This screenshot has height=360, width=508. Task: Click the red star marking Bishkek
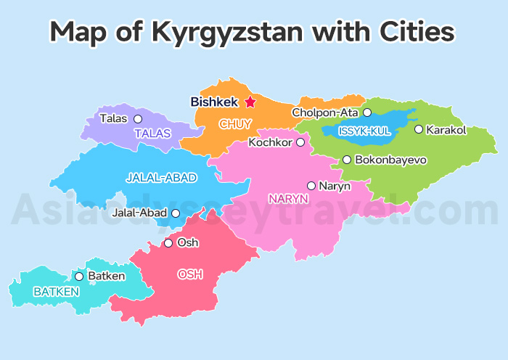pos(250,102)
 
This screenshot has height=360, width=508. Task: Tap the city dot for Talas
pos(138,118)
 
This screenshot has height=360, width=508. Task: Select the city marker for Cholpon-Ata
pos(367,112)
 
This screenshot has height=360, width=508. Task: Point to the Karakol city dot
pos(418,129)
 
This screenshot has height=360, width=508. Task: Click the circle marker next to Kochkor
pos(300,142)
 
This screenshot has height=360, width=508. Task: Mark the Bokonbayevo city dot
pos(347,160)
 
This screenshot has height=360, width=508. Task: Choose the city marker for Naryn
pos(311,186)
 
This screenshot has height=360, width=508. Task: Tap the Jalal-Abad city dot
pos(176,213)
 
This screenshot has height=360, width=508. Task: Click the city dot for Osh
pos(168,243)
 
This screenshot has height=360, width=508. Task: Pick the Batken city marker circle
pos(79,277)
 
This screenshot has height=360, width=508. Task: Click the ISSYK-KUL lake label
pos(364,131)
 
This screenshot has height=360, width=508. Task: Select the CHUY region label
pos(235,124)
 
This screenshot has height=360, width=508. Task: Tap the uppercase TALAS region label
pos(152,134)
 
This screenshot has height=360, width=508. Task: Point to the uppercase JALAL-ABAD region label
pos(161,177)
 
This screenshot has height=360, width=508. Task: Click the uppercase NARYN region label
pos(288,198)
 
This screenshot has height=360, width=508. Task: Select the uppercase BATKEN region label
pos(56,292)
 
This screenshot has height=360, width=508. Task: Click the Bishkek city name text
pos(215,102)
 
